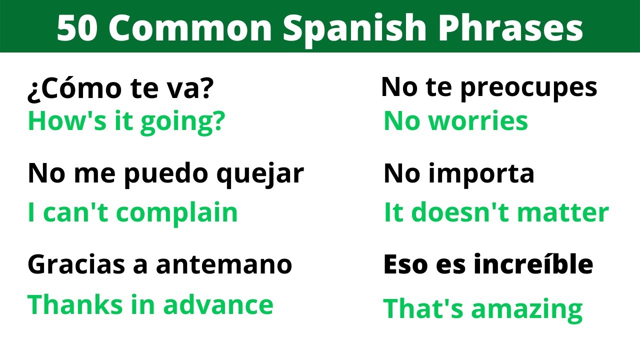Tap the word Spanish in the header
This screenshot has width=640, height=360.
pos(354,29)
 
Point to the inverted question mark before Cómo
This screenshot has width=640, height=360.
pos(35,91)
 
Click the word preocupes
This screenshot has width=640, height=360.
pos(529,88)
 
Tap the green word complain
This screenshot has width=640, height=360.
pos(177,213)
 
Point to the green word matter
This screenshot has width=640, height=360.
pos(563,213)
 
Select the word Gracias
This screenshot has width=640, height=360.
pos(76,264)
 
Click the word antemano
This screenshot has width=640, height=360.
pos(224,265)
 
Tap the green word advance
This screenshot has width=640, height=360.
pos(218,304)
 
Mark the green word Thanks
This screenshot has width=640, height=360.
pos(75,304)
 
